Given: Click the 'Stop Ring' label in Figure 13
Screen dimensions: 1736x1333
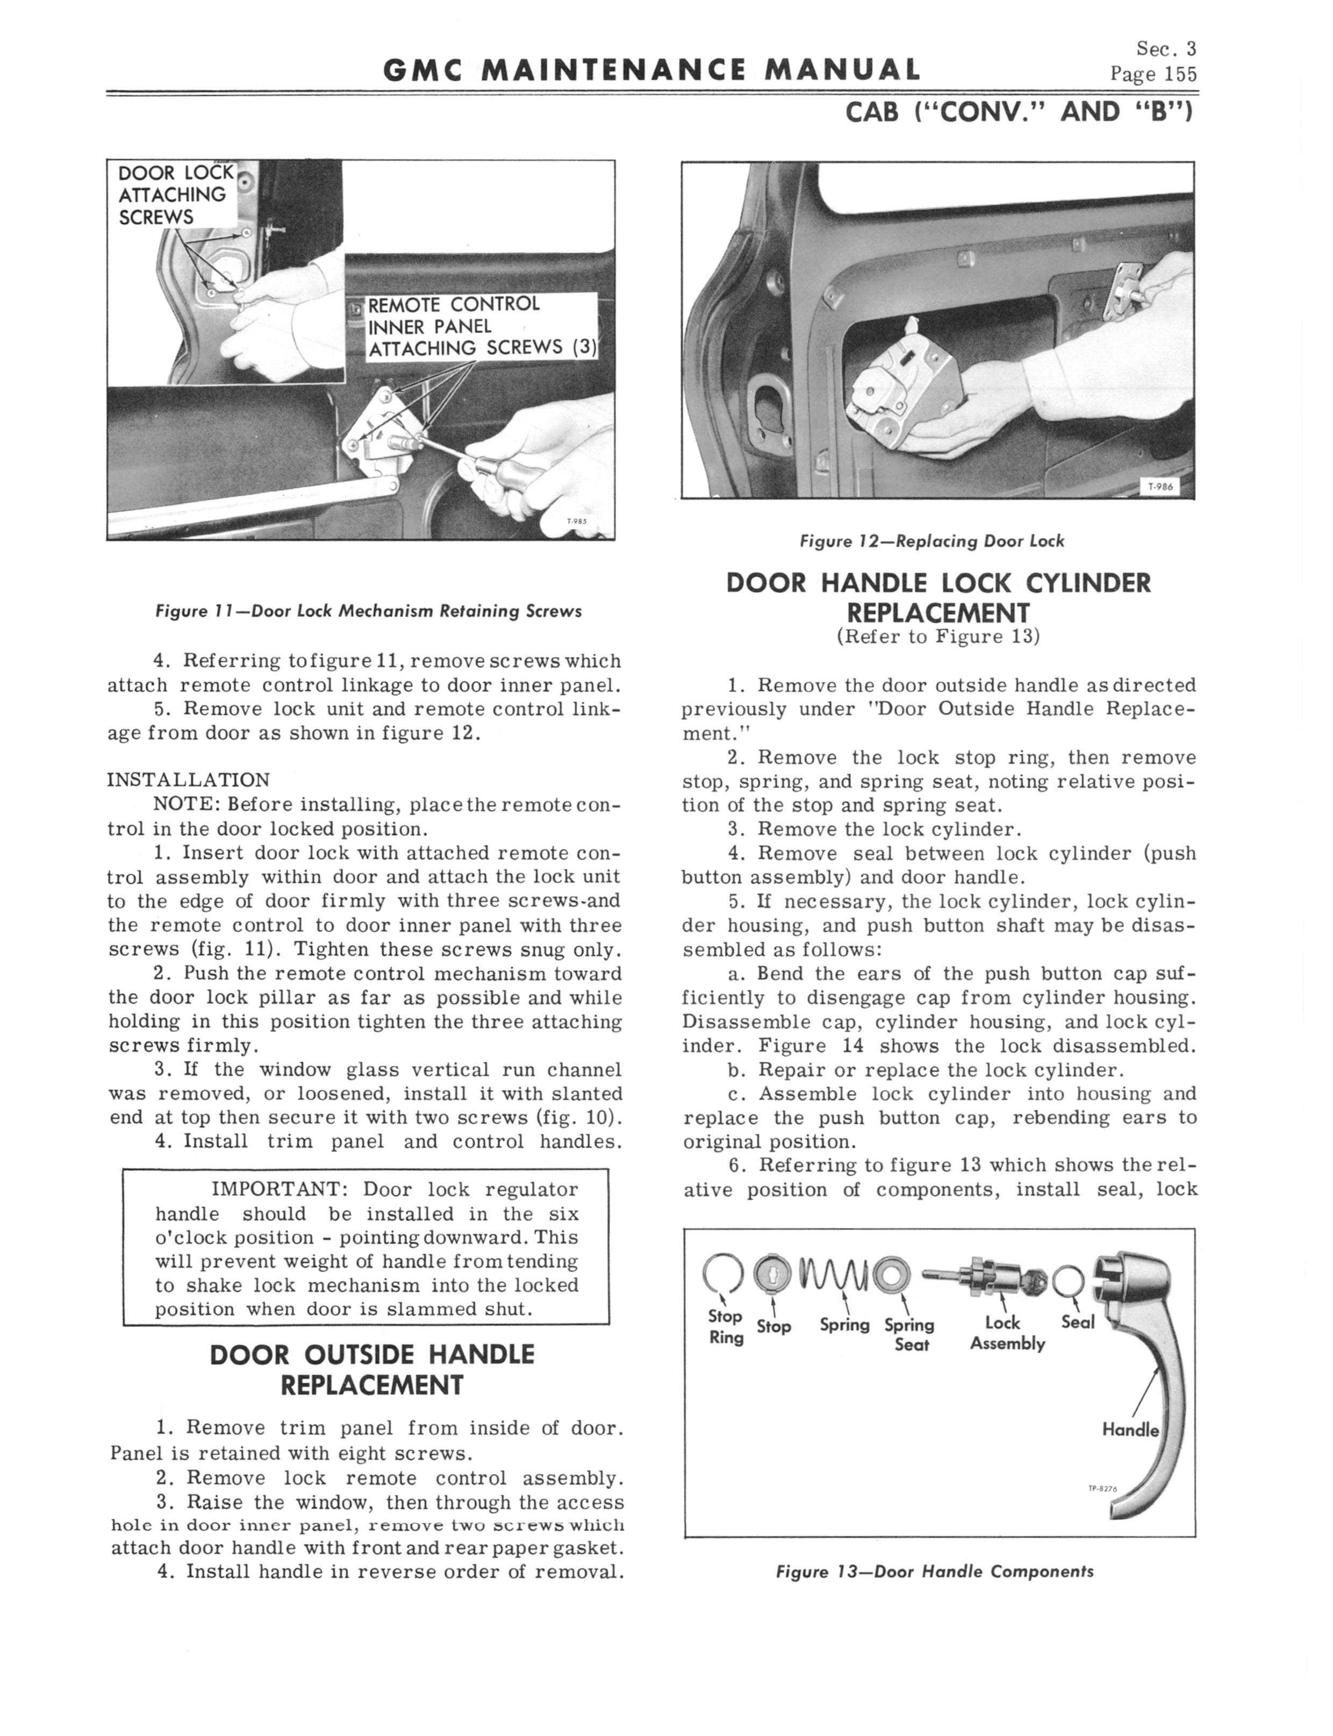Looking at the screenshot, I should (725, 1326).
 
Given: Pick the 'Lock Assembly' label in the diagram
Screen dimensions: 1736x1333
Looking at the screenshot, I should (1006, 1332).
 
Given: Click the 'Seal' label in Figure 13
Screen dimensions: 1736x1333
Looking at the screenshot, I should (1078, 1322).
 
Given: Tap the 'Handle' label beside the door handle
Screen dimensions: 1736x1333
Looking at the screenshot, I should (1130, 1430).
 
